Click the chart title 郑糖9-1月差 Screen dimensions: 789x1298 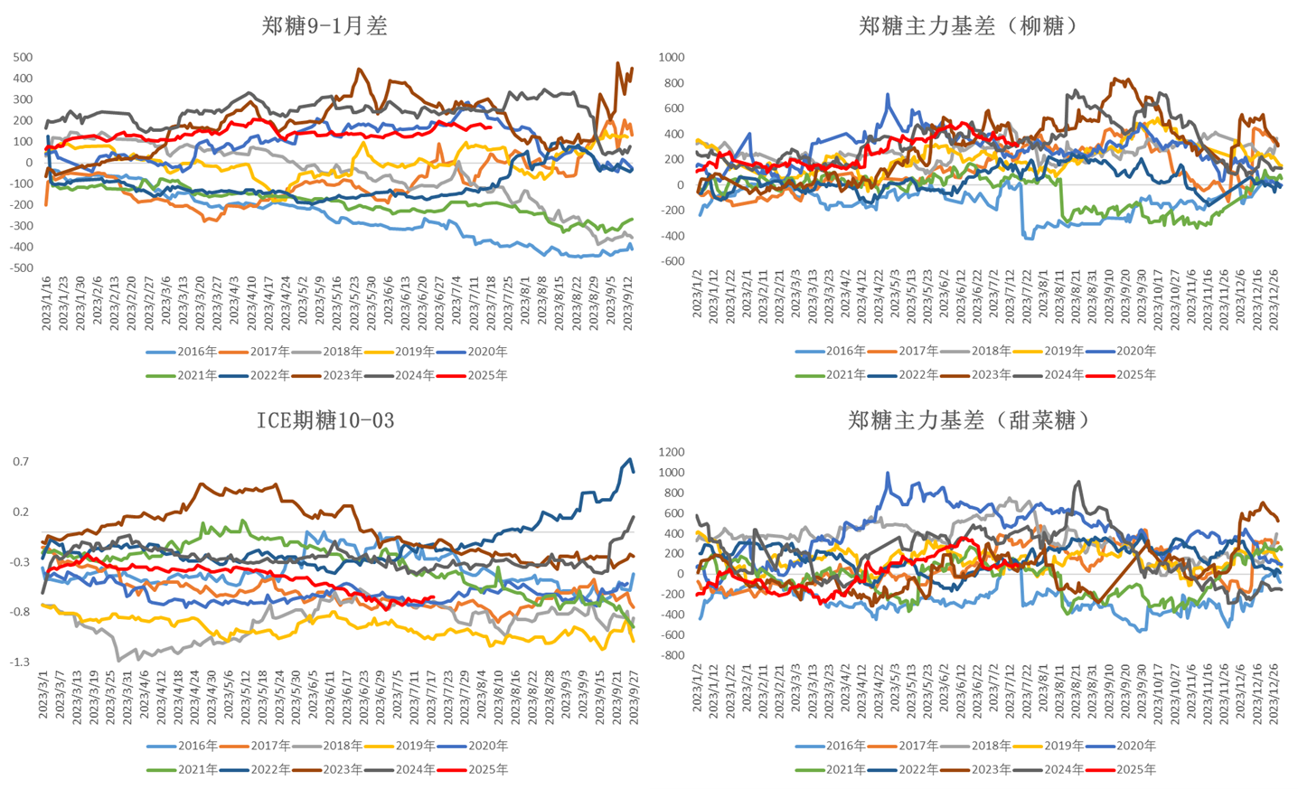click(x=324, y=26)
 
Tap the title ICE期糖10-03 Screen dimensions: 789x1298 click(x=324, y=420)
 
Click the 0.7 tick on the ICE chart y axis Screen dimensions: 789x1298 click(x=21, y=462)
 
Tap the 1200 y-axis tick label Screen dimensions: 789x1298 click(x=673, y=452)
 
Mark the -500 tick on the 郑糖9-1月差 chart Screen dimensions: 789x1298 click(x=22, y=268)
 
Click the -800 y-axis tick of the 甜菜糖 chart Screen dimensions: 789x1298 click(x=673, y=655)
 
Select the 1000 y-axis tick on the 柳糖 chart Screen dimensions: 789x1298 click(x=673, y=57)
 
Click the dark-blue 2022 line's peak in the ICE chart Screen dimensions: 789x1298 click(x=629, y=460)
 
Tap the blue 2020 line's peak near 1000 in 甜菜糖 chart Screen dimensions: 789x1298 click(x=888, y=473)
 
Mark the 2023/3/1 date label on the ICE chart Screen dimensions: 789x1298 click(x=43, y=695)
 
